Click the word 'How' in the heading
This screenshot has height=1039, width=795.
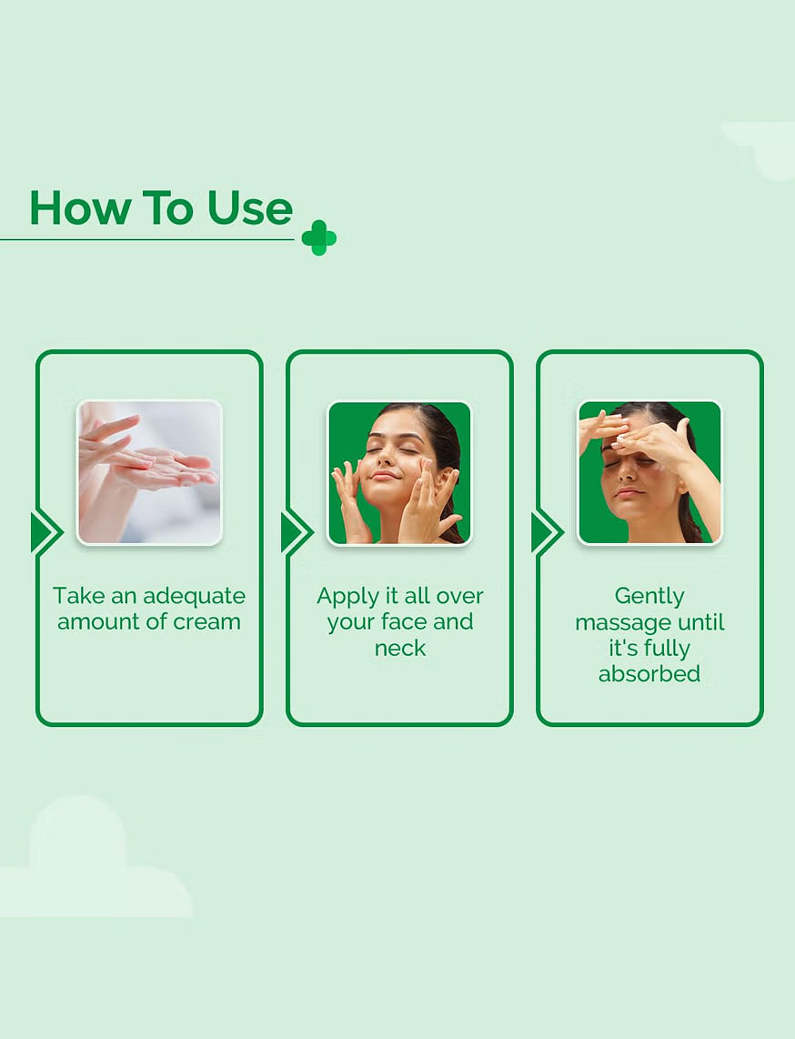coord(79,208)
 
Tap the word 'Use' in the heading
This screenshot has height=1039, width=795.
coord(250,208)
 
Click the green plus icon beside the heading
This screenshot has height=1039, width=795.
coord(318,237)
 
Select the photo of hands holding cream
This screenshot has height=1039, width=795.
coord(149,472)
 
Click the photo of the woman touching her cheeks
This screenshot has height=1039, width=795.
coord(399,472)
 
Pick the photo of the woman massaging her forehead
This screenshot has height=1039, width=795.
coord(649,472)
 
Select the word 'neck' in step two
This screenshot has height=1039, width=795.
coord(399,648)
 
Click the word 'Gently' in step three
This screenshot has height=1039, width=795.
coord(649,597)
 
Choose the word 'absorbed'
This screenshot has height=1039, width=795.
coord(649,674)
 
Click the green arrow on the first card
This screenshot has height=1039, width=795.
coord(46,532)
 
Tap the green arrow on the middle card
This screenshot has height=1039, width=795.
coord(297,532)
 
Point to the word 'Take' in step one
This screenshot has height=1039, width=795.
coord(78,596)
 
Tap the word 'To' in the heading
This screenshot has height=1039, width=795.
coord(168,208)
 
